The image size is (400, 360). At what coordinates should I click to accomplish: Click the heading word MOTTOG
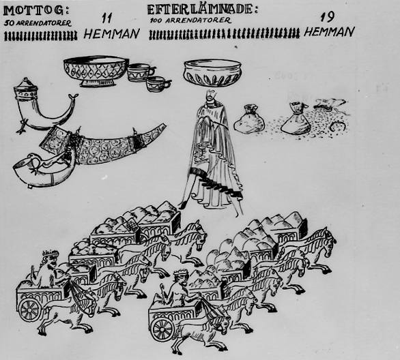34,10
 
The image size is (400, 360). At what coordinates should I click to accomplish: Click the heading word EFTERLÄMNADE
200,10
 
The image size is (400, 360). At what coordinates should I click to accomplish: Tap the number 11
106,18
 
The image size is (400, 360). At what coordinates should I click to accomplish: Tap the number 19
327,17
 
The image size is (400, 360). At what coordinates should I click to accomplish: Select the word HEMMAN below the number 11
111,33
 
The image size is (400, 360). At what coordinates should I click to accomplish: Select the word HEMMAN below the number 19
329,32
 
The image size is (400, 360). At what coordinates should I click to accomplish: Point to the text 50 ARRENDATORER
38,23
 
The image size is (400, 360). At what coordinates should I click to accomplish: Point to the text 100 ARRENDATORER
190,20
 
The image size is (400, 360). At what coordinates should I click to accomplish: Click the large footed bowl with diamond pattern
96,71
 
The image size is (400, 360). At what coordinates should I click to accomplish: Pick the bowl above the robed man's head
212,73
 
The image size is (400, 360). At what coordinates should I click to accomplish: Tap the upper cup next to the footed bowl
141,72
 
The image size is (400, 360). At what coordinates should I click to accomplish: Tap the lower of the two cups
158,84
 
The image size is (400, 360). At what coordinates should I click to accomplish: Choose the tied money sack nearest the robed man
248,119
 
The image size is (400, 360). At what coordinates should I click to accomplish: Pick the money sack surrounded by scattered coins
295,118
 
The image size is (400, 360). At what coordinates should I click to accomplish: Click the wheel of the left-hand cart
30,310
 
